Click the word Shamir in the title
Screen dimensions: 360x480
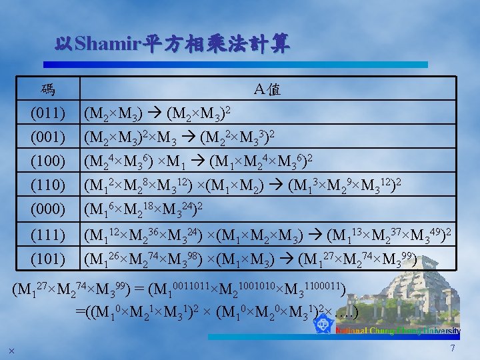[x=106, y=45]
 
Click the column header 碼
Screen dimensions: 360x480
[x=47, y=89]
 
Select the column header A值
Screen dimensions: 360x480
[x=267, y=89]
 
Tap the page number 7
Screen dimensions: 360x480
[x=453, y=349]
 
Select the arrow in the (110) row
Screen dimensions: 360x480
[x=277, y=185]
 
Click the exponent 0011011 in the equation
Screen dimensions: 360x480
[x=191, y=285]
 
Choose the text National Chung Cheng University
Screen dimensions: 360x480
[x=397, y=331]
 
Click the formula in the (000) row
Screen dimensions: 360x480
[x=143, y=210]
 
